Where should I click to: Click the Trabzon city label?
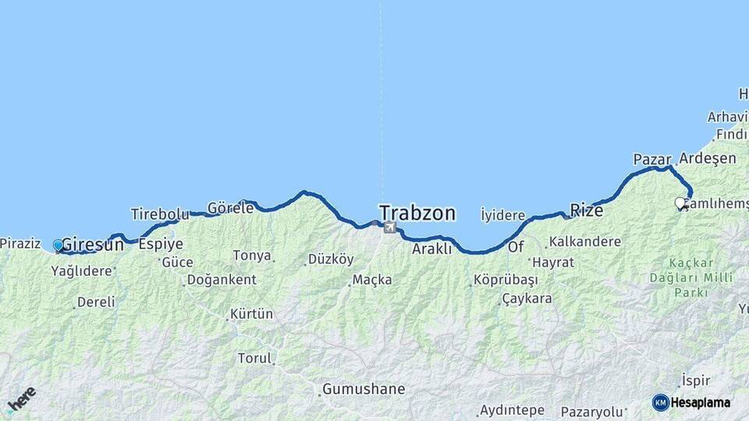point(417,212)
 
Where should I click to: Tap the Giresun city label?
point(92,244)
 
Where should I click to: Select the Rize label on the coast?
point(587,210)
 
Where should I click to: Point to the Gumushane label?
point(364,388)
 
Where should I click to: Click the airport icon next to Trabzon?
point(389,227)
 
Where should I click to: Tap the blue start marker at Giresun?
point(58,246)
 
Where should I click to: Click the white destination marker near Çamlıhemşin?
point(680,203)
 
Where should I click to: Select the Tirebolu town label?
point(160,214)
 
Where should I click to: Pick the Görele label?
point(230,208)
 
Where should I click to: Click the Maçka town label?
point(372,280)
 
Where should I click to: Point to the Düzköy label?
point(331,259)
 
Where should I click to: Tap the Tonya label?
point(252,256)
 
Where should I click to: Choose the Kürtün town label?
point(251,314)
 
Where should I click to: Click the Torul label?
point(255,359)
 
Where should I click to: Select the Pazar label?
point(652,160)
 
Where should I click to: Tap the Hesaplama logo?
point(691,402)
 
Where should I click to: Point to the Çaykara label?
point(527,298)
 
